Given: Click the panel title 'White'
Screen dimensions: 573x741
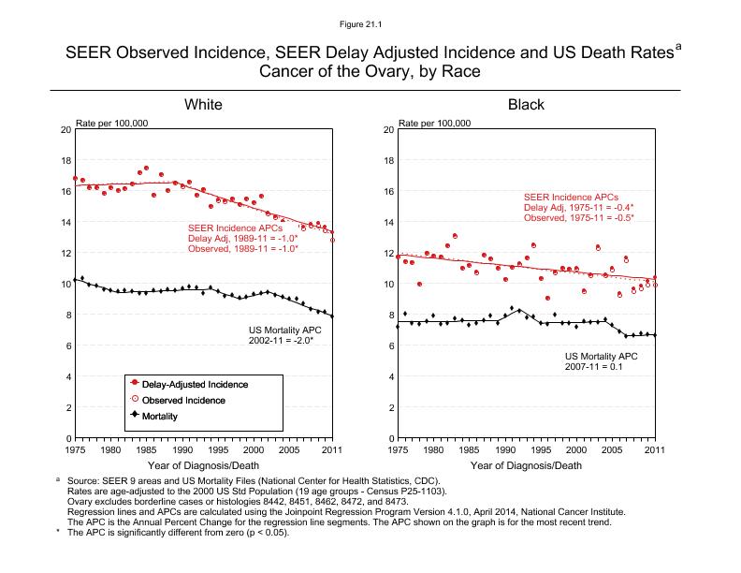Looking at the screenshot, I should pyautogui.click(x=202, y=104).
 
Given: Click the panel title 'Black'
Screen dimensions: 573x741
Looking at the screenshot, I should pyautogui.click(x=526, y=104).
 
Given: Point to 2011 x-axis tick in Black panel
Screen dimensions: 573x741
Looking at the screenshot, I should pyautogui.click(x=654, y=450).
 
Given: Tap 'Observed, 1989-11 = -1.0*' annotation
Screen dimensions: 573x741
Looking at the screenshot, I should pyautogui.click(x=242, y=249).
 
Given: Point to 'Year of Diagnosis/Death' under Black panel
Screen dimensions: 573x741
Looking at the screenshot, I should pyautogui.click(x=525, y=465).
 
